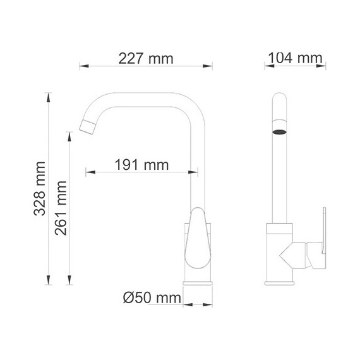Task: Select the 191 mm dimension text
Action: coord(141,165)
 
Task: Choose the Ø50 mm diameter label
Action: coord(150,297)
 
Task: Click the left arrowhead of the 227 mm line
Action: coord(82,65)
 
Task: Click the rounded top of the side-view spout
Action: coord(280,99)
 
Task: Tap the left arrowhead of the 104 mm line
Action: coord(267,65)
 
